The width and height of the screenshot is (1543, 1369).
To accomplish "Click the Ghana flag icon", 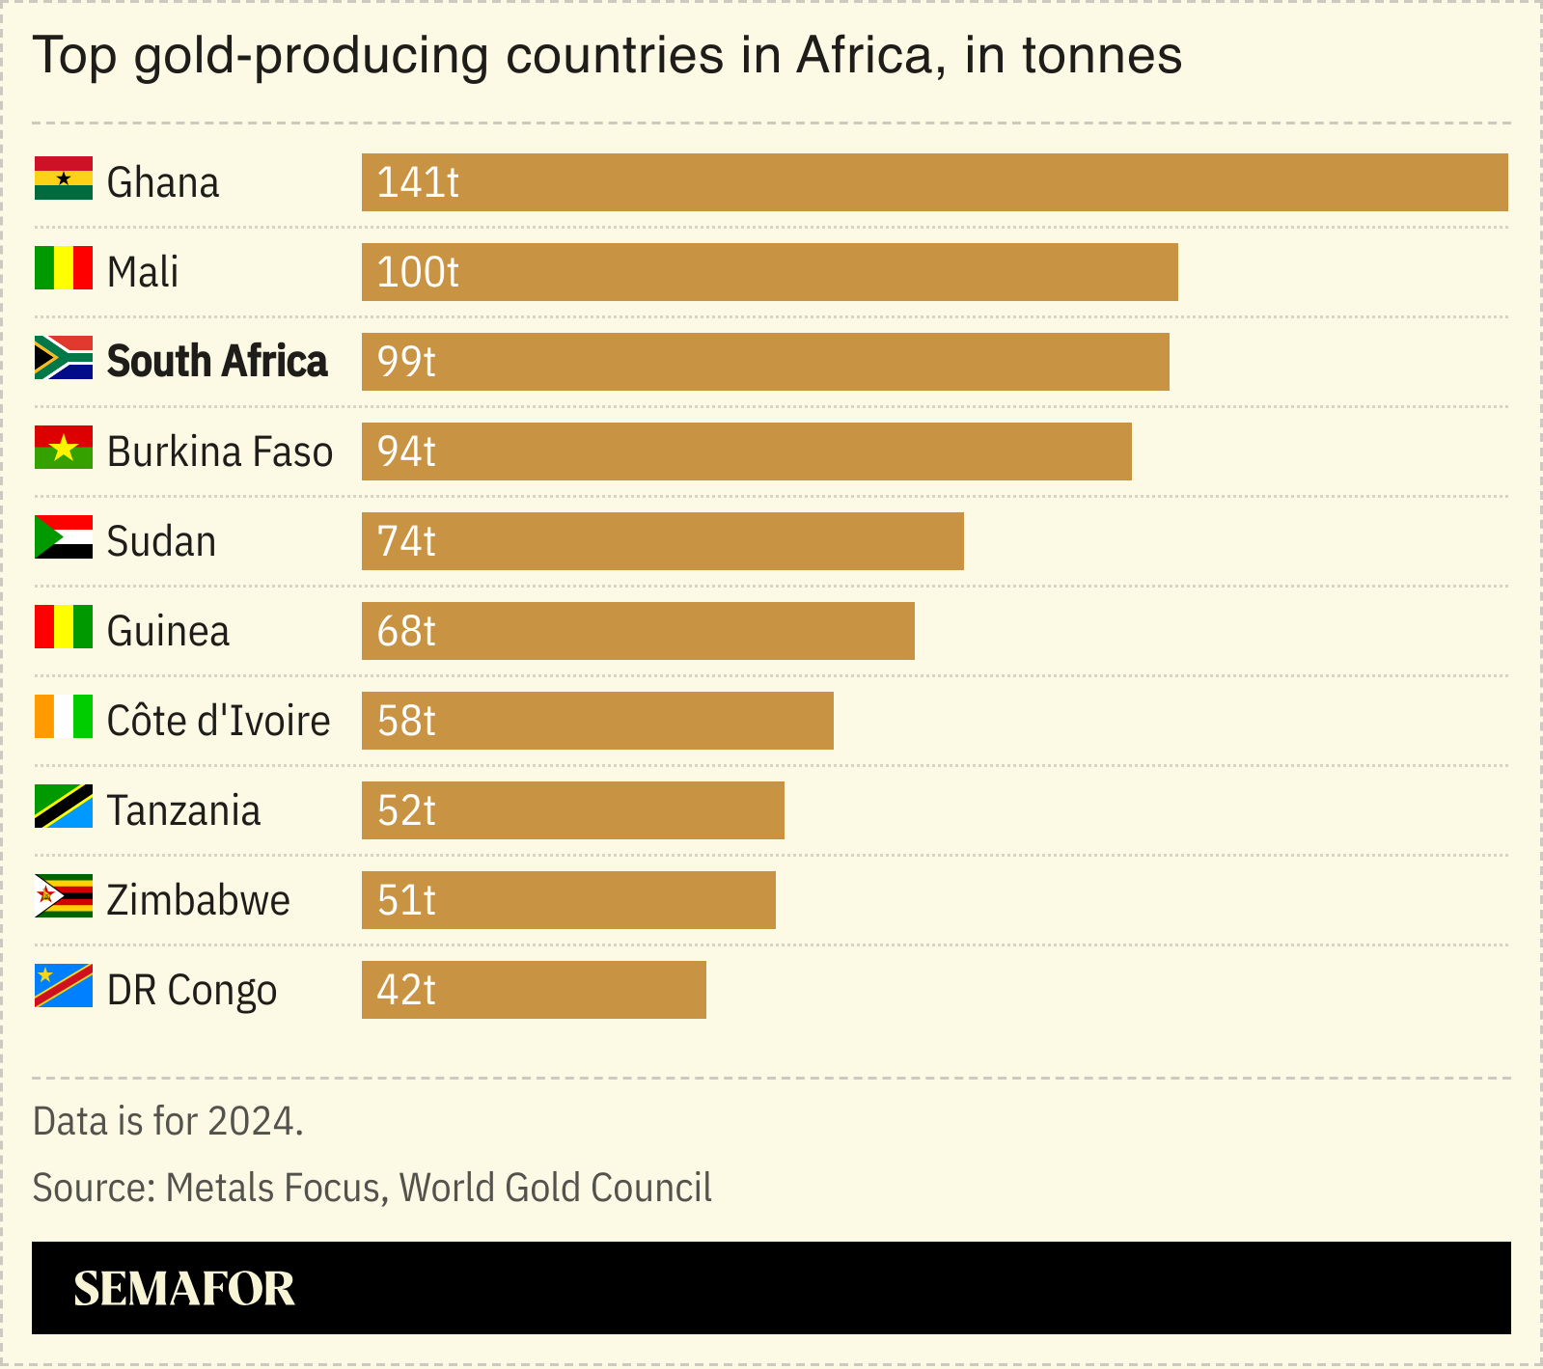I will (x=64, y=178).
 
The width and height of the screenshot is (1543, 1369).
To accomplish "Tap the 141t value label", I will (x=417, y=182).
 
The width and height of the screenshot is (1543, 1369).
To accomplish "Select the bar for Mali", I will (x=769, y=272).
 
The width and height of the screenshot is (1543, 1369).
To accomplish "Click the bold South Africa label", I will (x=217, y=361).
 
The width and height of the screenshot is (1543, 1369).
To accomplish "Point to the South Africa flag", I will (x=64, y=358).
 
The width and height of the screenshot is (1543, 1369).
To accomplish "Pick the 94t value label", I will (x=406, y=452).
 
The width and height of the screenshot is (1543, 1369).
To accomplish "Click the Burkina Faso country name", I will (x=220, y=452).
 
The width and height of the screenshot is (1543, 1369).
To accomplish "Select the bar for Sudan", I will (x=662, y=541).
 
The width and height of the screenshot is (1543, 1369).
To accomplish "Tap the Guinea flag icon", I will (x=64, y=627).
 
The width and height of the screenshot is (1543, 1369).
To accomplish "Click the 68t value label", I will (x=406, y=631).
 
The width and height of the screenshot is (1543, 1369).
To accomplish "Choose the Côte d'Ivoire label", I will (x=218, y=721).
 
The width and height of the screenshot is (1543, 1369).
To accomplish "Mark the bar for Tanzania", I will (x=572, y=810).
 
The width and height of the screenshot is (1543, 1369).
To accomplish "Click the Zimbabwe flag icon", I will (x=64, y=896).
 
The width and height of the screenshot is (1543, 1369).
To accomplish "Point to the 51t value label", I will (x=406, y=900).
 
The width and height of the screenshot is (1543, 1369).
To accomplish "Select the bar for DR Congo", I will (x=534, y=990).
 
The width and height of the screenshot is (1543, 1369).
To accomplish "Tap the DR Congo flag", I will (x=64, y=986).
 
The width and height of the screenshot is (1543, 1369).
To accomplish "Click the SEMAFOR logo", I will (x=183, y=1289).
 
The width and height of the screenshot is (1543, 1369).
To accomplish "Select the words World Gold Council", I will (x=555, y=1188).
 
